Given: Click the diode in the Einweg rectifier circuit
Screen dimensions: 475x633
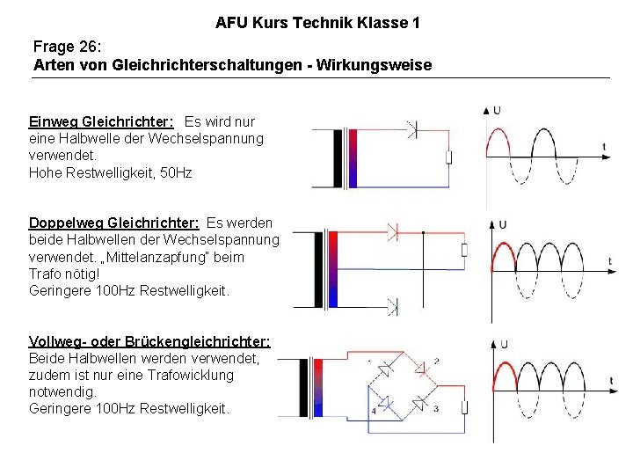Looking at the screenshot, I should coord(410,128).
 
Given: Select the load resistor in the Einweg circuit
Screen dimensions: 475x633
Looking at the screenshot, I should coord(448,157).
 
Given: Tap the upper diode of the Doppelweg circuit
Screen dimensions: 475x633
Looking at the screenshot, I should coord(393,233).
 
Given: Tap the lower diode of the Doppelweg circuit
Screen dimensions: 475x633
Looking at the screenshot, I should coord(393,306).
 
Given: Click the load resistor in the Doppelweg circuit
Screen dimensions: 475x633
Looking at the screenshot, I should coord(464,250).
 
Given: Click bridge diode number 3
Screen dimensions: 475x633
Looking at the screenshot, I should coord(421,403).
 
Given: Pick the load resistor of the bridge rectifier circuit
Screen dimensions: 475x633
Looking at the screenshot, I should coord(463,407).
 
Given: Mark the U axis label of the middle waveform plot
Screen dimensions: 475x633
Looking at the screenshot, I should coord(502,225).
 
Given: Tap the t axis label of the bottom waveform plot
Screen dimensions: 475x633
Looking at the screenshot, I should coord(611,380).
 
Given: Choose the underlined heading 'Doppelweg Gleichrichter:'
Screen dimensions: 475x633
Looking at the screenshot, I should coord(113,223).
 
